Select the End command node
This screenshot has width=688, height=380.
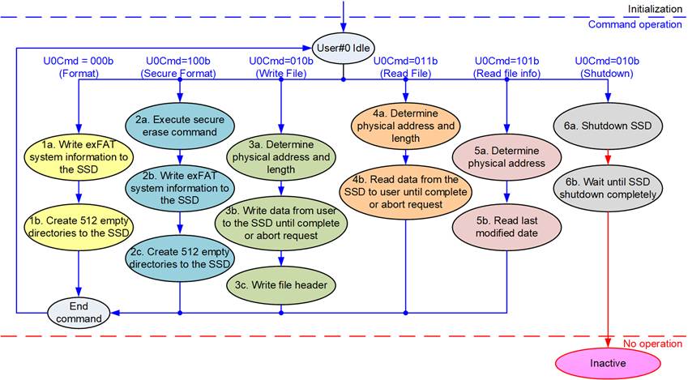click(x=78, y=312)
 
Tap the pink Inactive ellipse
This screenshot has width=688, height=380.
click(x=607, y=363)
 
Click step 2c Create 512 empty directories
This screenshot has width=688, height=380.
click(x=180, y=258)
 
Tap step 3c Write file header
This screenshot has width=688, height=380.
click(x=281, y=284)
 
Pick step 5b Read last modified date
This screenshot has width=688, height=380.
click(x=506, y=225)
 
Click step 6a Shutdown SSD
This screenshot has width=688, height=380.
click(x=607, y=126)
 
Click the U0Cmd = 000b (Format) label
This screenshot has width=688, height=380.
click(x=78, y=67)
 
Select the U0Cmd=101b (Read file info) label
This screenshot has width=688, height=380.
click(x=506, y=67)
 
